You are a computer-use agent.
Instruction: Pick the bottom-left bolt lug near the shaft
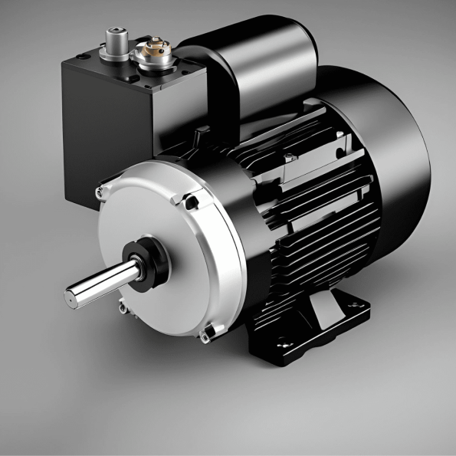[x=123, y=307]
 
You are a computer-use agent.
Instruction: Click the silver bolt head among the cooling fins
[x=289, y=159]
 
